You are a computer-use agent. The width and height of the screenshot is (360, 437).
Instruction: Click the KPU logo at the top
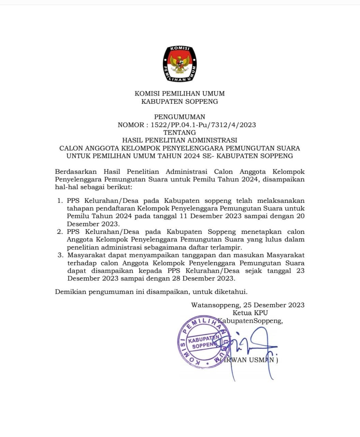[x=180, y=64]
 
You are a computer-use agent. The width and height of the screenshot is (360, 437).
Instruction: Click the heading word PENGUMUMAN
[x=179, y=117]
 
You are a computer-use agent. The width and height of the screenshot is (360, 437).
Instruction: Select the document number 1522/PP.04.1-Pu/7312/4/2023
[x=203, y=125]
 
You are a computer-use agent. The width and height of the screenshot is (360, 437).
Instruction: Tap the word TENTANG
[x=179, y=132]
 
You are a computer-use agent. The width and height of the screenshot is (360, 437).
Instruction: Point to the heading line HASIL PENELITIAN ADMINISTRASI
[x=179, y=140]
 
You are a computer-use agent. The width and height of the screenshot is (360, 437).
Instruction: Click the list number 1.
[x=60, y=201]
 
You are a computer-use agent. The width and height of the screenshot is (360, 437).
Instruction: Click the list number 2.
[x=60, y=232]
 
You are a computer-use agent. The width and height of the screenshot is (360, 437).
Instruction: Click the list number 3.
[x=60, y=255]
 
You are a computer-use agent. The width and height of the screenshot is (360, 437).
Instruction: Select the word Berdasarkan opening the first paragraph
[x=76, y=172]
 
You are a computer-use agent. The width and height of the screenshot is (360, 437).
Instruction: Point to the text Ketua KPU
[x=250, y=313]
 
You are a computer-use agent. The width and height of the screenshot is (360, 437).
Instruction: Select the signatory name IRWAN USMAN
[x=251, y=360]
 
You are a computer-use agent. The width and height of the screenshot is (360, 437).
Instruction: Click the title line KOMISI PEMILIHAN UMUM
[x=179, y=94]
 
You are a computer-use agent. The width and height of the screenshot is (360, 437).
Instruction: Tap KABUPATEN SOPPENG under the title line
[x=179, y=101]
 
